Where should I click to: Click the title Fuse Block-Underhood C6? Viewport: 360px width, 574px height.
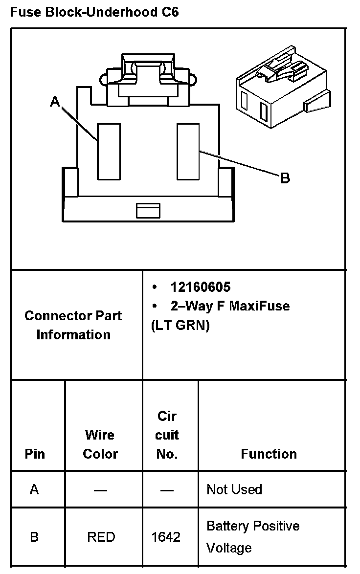click(94, 12)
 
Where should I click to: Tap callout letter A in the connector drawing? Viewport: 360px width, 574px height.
click(55, 101)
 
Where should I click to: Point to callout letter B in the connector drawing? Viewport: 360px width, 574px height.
click(285, 178)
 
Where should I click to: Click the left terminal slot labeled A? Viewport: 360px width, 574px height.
click(109, 152)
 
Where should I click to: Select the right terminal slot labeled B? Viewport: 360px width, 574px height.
click(188, 152)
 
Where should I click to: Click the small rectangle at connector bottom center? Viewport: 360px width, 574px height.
click(148, 211)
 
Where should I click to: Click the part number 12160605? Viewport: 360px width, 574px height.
click(201, 287)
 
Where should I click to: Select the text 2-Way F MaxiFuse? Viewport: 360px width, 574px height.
click(230, 306)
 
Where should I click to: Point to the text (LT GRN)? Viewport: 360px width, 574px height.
click(180, 326)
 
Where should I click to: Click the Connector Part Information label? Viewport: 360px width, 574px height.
click(73, 325)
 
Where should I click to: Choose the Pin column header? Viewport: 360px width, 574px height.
click(35, 454)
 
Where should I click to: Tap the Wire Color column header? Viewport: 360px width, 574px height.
click(100, 444)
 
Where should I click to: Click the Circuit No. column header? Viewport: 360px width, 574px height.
click(167, 435)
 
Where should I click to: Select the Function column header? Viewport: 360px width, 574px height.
click(269, 454)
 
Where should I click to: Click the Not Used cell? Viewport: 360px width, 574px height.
click(234, 489)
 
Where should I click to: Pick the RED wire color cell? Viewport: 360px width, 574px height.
click(101, 537)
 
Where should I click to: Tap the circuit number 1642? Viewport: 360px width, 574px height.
click(166, 537)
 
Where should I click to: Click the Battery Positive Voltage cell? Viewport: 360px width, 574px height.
click(253, 536)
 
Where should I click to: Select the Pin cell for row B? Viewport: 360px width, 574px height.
click(34, 537)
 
